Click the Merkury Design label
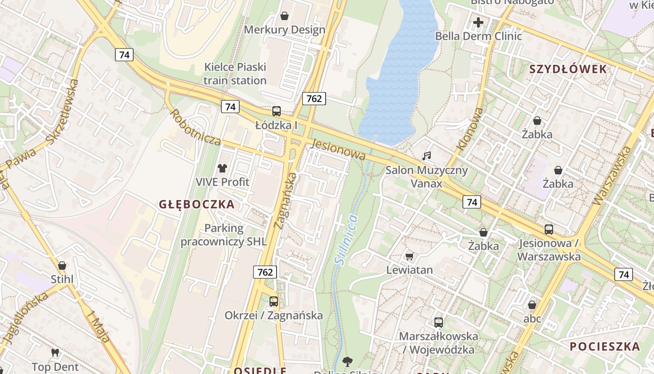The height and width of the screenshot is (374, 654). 284,30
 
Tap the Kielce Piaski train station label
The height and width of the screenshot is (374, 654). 235,74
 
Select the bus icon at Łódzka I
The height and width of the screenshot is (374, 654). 277,111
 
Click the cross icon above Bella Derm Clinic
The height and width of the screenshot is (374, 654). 478,22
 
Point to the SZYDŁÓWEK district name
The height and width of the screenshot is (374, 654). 568,69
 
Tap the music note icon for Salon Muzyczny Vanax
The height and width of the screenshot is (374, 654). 426,156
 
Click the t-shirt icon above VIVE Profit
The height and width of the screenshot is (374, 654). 222,168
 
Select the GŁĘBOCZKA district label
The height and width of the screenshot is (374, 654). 197,204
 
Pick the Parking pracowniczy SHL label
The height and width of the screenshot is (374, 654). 224,235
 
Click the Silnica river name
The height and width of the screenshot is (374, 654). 346,240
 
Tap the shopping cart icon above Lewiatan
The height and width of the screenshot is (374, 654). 409,256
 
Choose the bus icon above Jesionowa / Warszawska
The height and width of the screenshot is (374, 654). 548,230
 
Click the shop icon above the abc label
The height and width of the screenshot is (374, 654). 532,305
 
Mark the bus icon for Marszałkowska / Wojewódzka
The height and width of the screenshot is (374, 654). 438,322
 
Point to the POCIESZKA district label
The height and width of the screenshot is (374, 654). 604,346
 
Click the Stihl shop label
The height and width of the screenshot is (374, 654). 62,280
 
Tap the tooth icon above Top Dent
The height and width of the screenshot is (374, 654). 55,353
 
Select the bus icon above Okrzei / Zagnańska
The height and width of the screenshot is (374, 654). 273,302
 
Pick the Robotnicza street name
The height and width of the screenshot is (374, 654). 195,127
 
